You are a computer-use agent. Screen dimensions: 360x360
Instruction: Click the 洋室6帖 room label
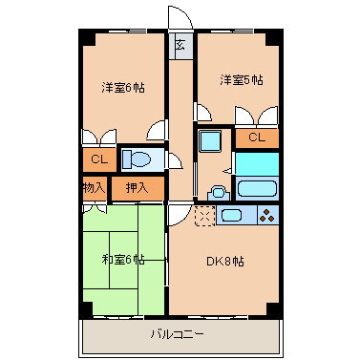(123, 88)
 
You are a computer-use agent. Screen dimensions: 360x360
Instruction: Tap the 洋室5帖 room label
(242, 80)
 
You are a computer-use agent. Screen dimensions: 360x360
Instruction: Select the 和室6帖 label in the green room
(123, 260)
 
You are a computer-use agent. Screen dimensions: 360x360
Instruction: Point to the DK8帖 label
(225, 262)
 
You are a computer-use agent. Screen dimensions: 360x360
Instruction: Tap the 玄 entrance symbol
(180, 46)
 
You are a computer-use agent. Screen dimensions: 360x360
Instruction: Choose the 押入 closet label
(137, 188)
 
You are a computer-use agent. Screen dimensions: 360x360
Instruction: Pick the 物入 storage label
(94, 188)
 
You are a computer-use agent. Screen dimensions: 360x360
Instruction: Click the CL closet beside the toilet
(99, 159)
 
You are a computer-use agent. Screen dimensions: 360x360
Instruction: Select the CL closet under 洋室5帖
(257, 138)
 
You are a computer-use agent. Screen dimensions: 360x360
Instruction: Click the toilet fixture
(137, 159)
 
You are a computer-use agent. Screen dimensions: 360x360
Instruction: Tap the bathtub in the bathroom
(257, 189)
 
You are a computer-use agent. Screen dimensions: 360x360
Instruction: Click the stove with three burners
(267, 215)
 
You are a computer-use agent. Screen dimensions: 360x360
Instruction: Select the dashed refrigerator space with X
(204, 216)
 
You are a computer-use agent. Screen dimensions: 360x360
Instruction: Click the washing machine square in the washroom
(210, 141)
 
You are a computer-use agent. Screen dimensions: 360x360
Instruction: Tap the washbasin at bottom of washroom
(219, 193)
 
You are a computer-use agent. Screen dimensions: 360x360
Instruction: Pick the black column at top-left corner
(87, 37)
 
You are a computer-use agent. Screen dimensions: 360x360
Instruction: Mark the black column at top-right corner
(274, 37)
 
